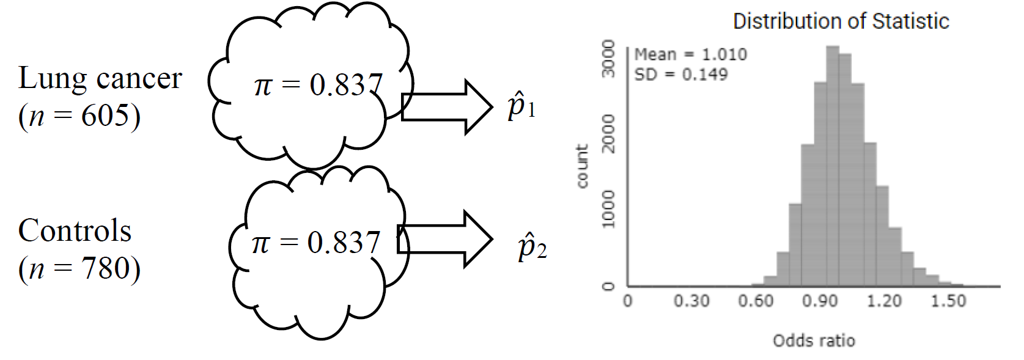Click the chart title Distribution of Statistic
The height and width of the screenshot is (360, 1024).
click(x=841, y=21)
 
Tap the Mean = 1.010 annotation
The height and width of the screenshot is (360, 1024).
click(x=690, y=54)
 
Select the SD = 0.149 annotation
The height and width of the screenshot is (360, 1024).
click(x=680, y=75)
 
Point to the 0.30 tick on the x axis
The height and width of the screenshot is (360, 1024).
click(x=691, y=301)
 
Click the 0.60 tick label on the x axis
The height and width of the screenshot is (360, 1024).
click(x=756, y=301)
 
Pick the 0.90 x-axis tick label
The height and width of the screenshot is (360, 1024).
click(x=820, y=301)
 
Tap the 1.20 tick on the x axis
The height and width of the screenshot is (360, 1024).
click(x=884, y=301)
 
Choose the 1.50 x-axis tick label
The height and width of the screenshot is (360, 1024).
click(x=948, y=301)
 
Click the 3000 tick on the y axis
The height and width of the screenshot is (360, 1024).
click(x=608, y=59)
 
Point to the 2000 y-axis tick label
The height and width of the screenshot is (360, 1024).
click(x=608, y=133)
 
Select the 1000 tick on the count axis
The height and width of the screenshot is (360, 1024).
click(x=608, y=208)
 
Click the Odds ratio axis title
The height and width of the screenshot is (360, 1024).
click(x=814, y=340)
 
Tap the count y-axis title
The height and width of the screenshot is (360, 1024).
click(x=582, y=166)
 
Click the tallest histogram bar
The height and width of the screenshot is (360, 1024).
click(x=833, y=165)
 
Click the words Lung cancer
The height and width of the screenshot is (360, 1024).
click(x=100, y=78)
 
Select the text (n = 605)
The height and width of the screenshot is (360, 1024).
click(x=79, y=115)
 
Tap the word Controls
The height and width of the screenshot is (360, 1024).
click(x=75, y=231)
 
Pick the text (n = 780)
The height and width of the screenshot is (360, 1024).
click(x=79, y=268)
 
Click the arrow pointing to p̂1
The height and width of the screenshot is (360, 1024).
click(x=447, y=107)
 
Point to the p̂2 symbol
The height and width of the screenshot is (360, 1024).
click(x=531, y=248)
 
